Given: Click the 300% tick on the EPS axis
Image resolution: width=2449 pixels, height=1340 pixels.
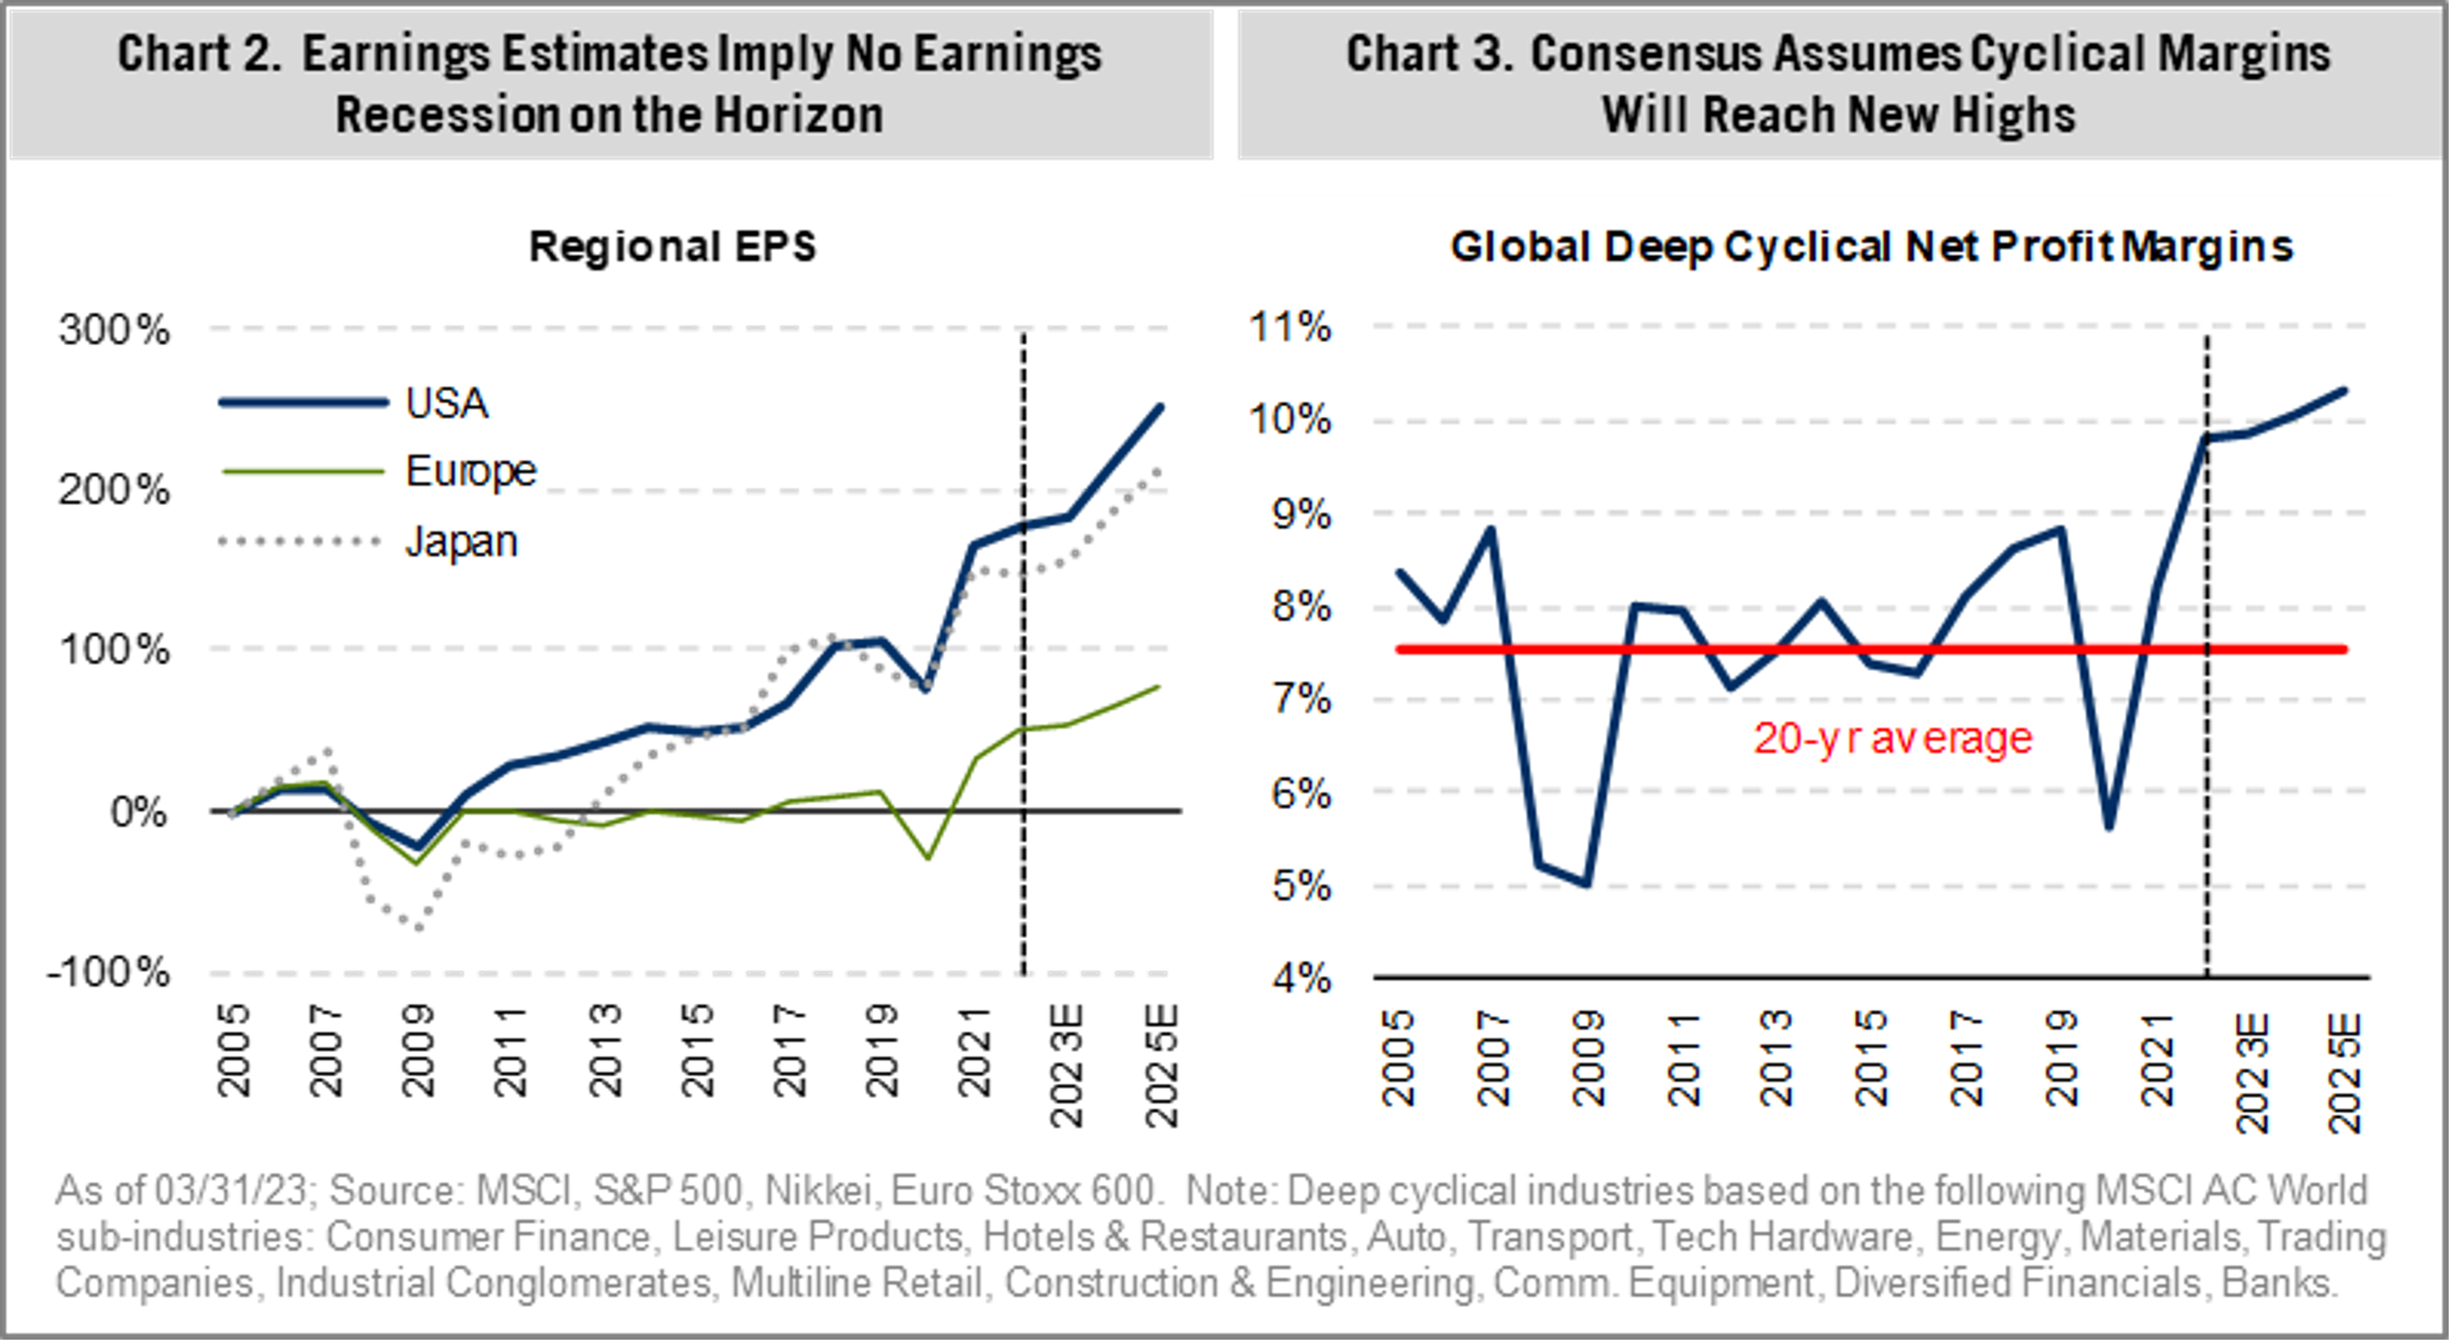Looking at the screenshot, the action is (x=114, y=330).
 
